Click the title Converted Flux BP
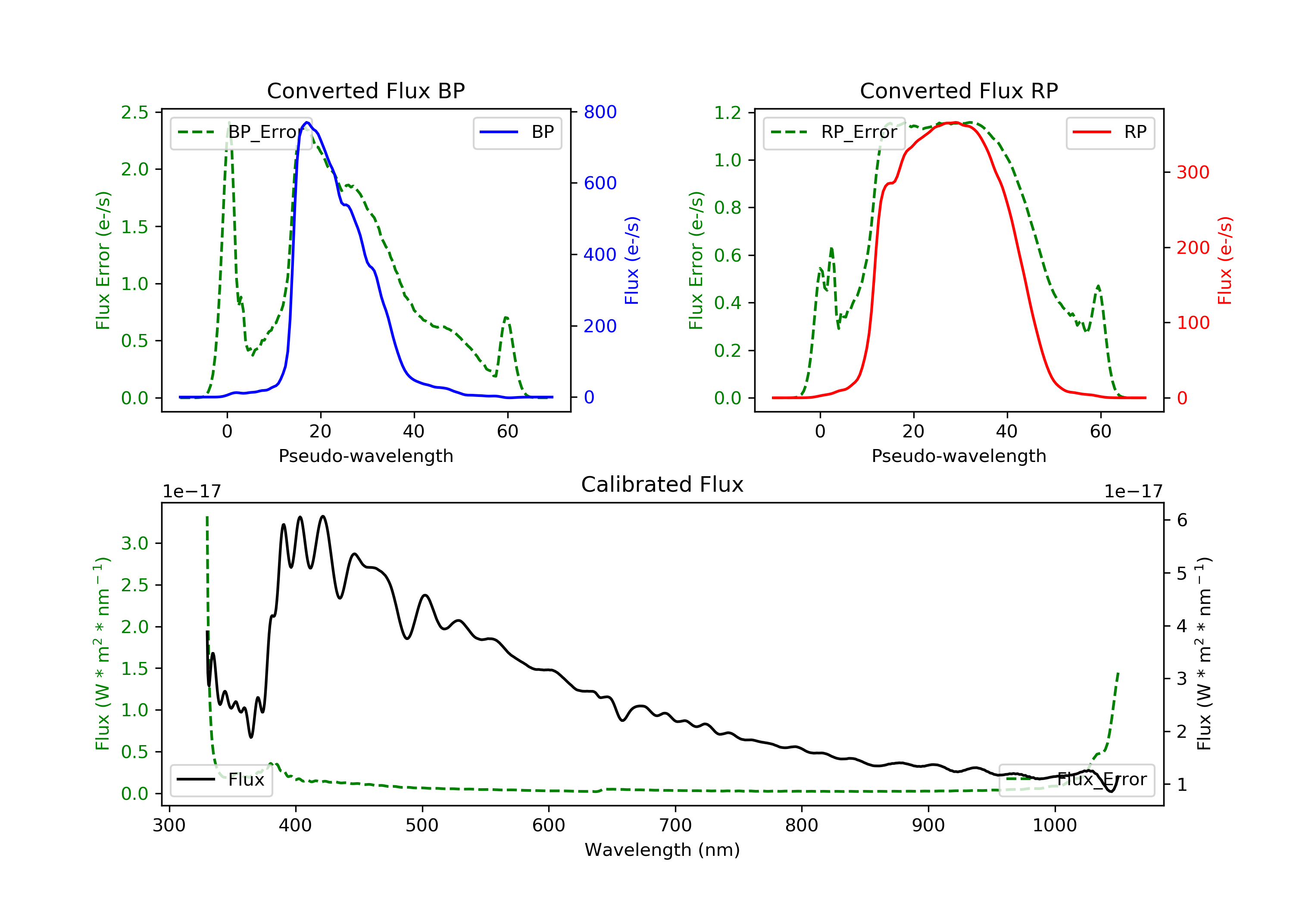pos(366,90)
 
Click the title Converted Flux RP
pos(959,90)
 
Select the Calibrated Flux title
pos(662,484)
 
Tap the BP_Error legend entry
pos(240,132)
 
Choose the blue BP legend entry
pos(517,132)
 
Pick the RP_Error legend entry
pos(834,132)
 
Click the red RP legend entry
pos(1110,132)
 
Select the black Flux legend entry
pos(221,780)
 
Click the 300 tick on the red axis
pos(1193,172)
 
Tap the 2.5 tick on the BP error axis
pos(134,112)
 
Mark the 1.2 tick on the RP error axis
pos(728,112)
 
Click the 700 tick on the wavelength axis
pos(675,826)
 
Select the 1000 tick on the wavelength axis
pos(1055,826)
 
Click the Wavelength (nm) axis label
pos(662,850)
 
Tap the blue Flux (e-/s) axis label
pos(632,261)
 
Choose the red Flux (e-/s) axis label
pos(1225,261)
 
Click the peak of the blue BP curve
pos(307,122)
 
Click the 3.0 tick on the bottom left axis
pos(134,543)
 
